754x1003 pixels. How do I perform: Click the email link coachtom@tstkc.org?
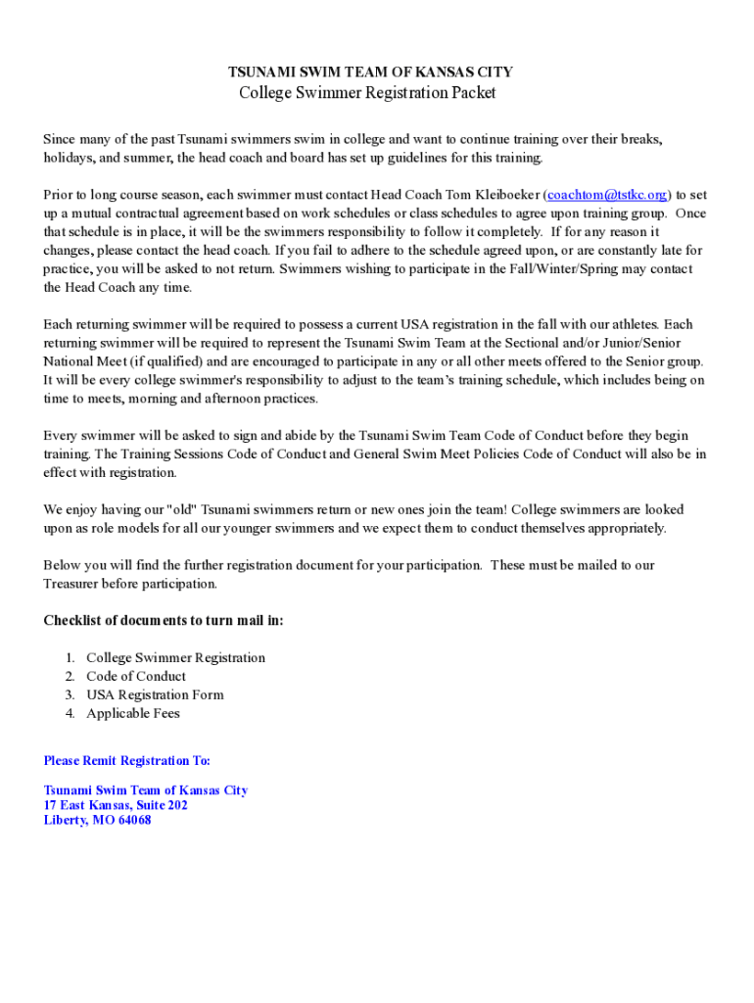(607, 195)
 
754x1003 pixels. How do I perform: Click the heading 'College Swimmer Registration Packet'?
(368, 93)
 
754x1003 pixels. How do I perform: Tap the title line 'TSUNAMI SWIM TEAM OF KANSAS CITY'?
(370, 72)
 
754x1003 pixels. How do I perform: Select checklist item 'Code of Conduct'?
(136, 676)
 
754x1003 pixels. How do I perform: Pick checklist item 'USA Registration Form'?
(155, 694)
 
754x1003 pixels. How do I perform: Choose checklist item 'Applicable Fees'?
(133, 713)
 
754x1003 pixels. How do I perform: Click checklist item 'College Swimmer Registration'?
(175, 657)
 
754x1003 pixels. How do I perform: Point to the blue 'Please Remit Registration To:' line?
(127, 760)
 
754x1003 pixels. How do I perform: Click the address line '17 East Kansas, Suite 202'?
(116, 805)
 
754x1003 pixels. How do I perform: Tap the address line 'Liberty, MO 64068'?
(97, 820)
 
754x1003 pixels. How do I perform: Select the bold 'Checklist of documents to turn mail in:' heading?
(164, 620)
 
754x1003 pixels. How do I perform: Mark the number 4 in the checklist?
(70, 713)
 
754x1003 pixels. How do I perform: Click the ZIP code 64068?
(134, 820)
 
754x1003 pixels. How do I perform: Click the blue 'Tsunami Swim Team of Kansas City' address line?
(146, 789)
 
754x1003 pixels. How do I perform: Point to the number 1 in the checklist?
(70, 657)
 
